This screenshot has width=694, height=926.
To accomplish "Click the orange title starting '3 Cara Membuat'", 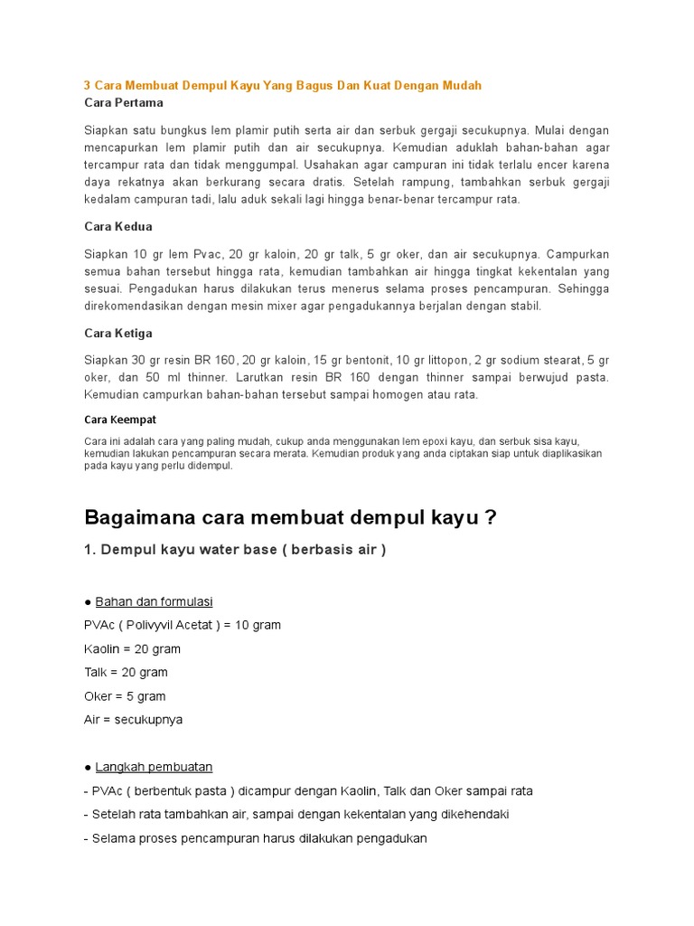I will [x=282, y=85].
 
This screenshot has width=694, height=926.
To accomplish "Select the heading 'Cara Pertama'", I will [x=124, y=103].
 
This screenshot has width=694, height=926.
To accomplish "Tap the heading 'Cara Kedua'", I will [x=118, y=226].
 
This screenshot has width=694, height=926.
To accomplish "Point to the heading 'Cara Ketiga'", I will [x=118, y=333].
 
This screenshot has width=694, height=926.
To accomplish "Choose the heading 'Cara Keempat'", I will [x=120, y=420].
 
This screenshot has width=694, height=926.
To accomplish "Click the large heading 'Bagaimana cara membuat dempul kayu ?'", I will [x=290, y=518].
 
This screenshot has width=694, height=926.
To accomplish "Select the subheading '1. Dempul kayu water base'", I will [x=235, y=551].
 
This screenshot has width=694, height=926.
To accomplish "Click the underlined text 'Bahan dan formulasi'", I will [x=154, y=601].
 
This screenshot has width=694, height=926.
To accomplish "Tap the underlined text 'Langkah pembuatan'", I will [x=154, y=767].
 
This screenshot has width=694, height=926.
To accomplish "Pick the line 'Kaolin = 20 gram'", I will [x=132, y=648].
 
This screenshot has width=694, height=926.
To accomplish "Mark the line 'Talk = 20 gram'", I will [x=126, y=672].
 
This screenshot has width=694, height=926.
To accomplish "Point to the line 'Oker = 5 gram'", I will [x=125, y=696].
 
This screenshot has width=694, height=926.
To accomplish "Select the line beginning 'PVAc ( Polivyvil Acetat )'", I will [x=182, y=625].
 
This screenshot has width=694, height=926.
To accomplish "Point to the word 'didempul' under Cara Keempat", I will [x=209, y=466].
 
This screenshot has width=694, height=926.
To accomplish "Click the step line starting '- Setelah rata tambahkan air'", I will [x=296, y=814].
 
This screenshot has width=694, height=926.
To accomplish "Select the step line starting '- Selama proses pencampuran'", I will [x=255, y=838].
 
